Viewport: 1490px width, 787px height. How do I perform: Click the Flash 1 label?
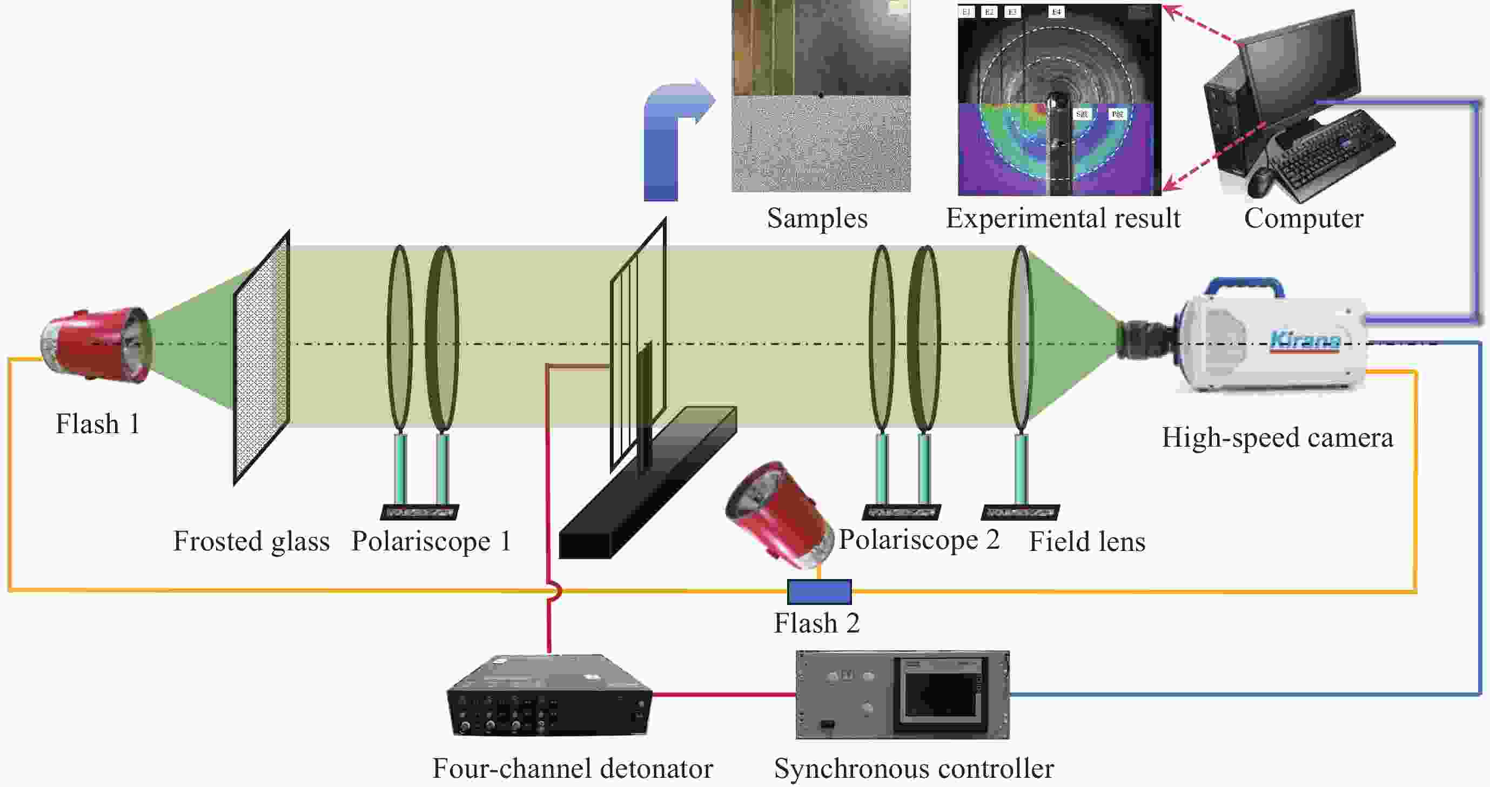click(x=97, y=424)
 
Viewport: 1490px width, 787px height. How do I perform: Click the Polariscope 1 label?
click(x=431, y=541)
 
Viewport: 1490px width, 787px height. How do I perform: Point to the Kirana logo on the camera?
click(x=1305, y=340)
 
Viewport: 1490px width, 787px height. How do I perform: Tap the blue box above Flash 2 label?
click(x=819, y=591)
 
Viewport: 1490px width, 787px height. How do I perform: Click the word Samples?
click(x=817, y=219)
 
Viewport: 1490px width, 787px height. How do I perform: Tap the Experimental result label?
click(x=1063, y=219)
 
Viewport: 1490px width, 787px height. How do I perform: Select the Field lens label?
click(x=1087, y=542)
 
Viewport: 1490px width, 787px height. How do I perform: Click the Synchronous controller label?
click(x=914, y=769)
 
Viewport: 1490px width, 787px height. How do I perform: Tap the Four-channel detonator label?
click(x=573, y=769)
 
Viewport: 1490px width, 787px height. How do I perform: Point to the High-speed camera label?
click(x=1277, y=438)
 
